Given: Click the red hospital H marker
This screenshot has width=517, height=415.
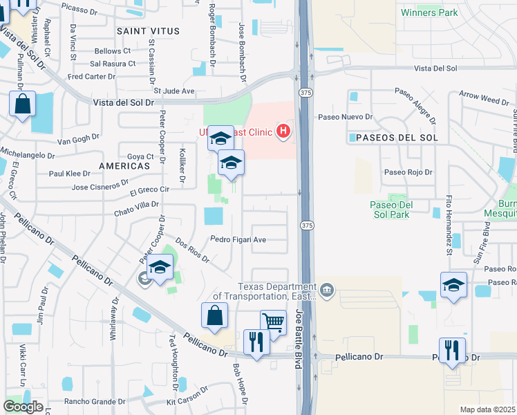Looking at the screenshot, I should pos(282,130).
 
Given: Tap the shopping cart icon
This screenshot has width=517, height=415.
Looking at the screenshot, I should pos(273,322).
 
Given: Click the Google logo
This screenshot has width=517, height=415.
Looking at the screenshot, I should pos(23,407).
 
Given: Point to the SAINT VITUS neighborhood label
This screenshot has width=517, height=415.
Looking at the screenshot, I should pos(148,32).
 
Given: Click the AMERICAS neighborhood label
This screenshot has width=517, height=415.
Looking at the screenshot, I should pos(124,167).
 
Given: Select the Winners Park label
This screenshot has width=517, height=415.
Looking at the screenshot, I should pos(429,12).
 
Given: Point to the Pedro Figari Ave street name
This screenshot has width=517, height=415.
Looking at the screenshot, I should pos(238,240).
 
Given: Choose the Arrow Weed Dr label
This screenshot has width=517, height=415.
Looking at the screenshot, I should pos(484,101).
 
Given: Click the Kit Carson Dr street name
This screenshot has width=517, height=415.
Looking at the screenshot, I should pos(187,397).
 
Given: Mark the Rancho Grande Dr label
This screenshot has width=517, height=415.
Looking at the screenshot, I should pos(94,401).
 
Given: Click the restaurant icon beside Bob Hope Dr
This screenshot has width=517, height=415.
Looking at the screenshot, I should pos(256,342).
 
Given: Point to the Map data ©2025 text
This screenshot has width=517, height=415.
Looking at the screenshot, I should pos(488,409).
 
